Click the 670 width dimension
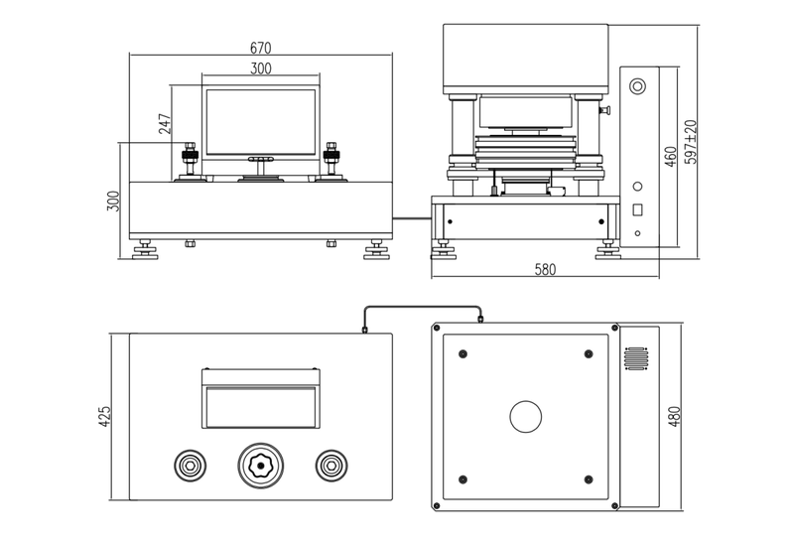[261, 48]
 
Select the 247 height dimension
[164, 122]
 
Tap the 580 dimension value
[546, 269]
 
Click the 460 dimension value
[670, 156]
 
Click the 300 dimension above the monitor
[261, 68]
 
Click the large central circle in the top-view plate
[526, 416]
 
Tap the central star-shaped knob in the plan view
[261, 464]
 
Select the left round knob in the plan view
[191, 464]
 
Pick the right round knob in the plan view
[331, 464]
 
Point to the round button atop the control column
[637, 85]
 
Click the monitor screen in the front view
[261, 122]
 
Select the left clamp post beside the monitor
[190, 160]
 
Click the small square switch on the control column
[638, 210]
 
